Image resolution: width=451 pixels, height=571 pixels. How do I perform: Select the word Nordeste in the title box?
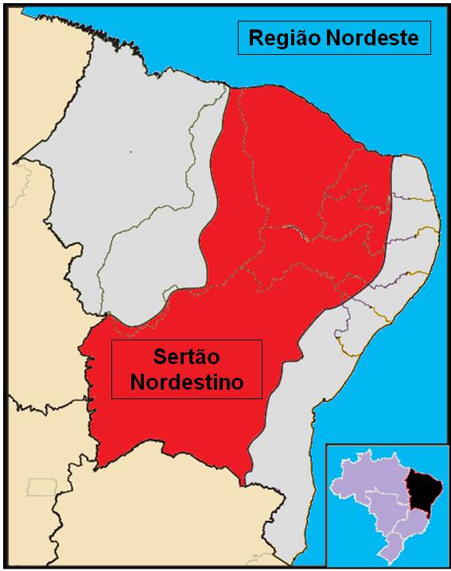375,37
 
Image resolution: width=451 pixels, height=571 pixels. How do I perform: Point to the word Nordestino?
186,383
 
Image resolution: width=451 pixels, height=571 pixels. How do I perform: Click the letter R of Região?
256,37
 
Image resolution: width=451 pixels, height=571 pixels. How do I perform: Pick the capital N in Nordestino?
137,383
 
